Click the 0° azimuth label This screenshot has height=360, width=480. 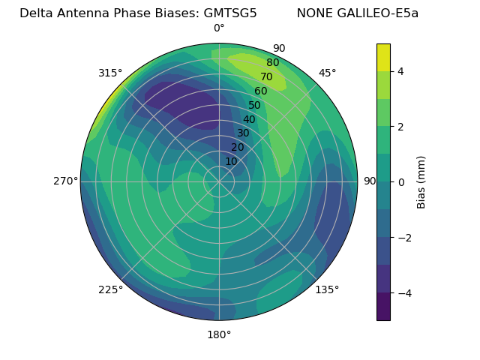coord(219,28)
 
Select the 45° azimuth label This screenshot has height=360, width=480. coord(327,73)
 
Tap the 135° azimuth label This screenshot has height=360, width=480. coord(327,289)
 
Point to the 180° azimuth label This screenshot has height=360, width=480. coord(219,334)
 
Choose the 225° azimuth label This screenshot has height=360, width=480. coord(110,289)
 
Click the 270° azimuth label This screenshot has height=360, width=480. coord(65,181)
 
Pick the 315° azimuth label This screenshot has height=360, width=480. coord(110,73)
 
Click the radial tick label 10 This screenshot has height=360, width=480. coord(231,161)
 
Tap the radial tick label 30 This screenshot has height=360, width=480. coord(243,133)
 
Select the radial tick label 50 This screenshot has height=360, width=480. coord(254,106)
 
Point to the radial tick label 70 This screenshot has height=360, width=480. coord(266,76)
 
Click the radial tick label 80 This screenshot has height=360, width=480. coord(272,63)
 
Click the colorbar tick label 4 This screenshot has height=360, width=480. coord(400,71)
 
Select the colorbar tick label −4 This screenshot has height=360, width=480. coord(403,292)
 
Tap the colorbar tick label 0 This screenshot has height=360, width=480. coord(400,181)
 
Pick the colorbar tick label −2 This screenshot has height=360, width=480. coord(403,237)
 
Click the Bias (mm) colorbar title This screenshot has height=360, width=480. coord(421,181)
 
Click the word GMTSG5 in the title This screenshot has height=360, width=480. coord(230,13)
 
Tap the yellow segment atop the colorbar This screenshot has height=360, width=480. coord(383,57)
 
